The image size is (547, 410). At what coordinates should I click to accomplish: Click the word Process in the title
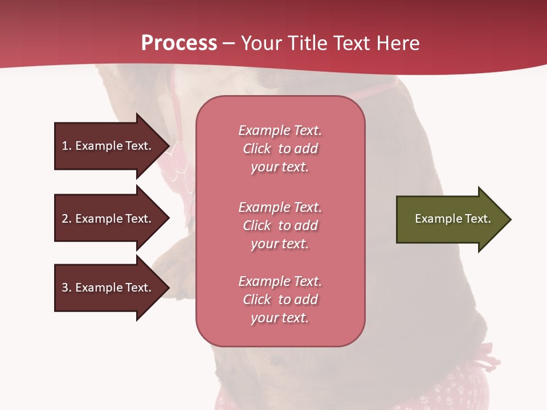point(179,43)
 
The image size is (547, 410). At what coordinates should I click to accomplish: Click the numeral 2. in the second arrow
point(66,219)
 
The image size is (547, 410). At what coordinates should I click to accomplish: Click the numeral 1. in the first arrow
point(66,146)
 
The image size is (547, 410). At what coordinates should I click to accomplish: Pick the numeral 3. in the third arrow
point(66,288)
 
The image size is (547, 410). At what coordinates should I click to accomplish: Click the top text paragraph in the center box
point(280,149)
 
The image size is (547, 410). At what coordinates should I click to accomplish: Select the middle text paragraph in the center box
point(280,225)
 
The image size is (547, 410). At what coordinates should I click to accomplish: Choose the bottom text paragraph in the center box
point(280,300)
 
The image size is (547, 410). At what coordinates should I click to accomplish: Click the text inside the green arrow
point(452,219)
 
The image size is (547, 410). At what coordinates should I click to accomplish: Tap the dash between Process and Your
point(229,43)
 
